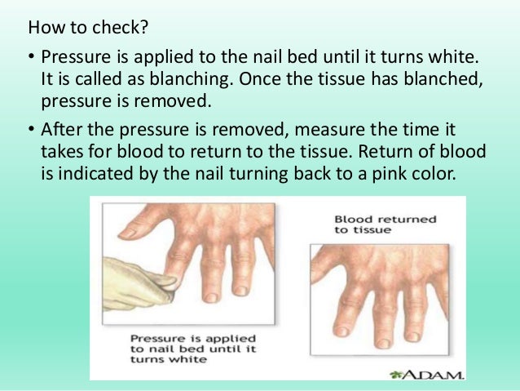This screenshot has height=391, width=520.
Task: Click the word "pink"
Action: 397,172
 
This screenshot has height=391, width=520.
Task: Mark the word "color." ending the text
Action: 447,172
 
